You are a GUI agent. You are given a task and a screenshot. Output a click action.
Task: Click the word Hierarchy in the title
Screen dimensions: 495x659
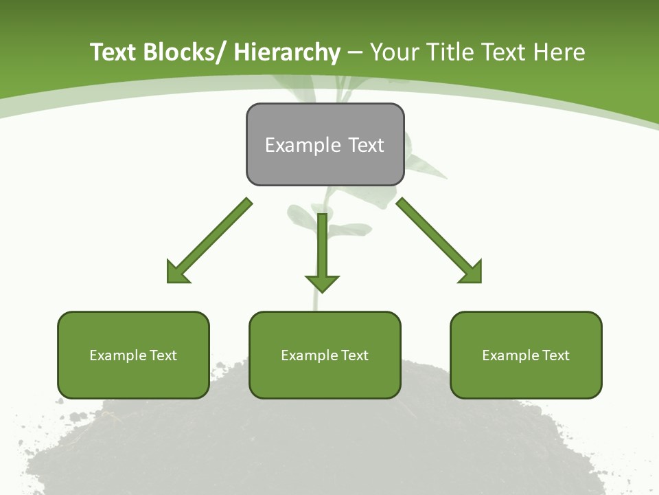[287, 52]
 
